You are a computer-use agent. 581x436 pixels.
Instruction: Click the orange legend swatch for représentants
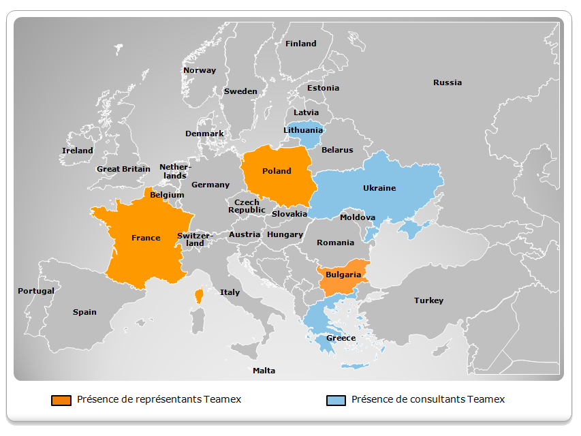(61, 400)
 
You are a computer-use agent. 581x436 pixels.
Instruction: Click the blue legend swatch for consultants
(336, 400)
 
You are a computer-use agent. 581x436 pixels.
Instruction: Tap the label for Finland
(300, 44)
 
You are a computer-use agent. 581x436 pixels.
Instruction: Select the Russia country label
(447, 82)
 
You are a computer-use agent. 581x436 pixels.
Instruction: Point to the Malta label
(264, 371)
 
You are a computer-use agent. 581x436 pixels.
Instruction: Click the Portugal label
(36, 291)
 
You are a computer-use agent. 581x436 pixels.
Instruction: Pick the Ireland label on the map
(78, 151)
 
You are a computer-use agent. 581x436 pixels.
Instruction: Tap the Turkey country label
(428, 300)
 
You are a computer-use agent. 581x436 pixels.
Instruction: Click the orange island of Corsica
(199, 296)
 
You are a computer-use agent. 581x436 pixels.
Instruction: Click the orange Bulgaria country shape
(343, 276)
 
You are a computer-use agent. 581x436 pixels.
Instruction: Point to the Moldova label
(358, 217)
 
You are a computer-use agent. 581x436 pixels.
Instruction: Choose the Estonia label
(323, 88)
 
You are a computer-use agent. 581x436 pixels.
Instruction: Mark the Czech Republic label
(247, 206)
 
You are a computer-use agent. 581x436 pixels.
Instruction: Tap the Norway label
(200, 70)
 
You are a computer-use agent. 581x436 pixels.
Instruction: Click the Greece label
(341, 338)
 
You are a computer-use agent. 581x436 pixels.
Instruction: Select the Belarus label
(337, 150)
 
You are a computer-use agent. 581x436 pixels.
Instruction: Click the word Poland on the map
(277, 171)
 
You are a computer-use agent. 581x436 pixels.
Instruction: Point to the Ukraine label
(379, 188)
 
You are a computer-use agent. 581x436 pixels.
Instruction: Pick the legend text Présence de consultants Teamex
(428, 399)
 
